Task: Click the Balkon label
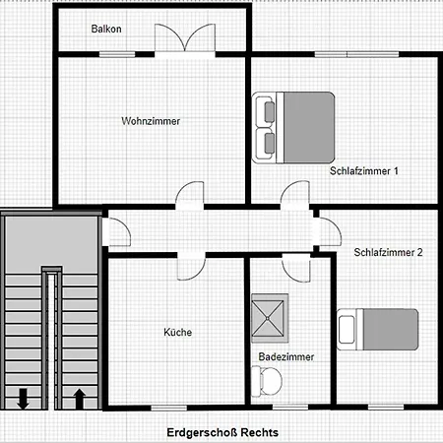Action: point(106,29)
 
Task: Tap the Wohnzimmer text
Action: point(151,121)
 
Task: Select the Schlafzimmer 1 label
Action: point(364,171)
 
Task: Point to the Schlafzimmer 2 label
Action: point(388,252)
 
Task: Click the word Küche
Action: point(178,332)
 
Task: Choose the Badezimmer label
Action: point(286,356)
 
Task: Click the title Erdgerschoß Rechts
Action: point(222,432)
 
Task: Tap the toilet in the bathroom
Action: point(267,381)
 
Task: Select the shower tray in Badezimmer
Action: point(270,318)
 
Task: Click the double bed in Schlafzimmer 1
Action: point(293,128)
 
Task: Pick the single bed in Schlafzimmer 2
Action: point(378,329)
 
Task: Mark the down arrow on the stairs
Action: point(23,399)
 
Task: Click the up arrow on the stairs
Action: point(79,399)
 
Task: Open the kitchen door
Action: point(191,266)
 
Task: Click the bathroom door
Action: point(296,267)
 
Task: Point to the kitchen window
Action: point(168,408)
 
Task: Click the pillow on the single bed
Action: point(347,330)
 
